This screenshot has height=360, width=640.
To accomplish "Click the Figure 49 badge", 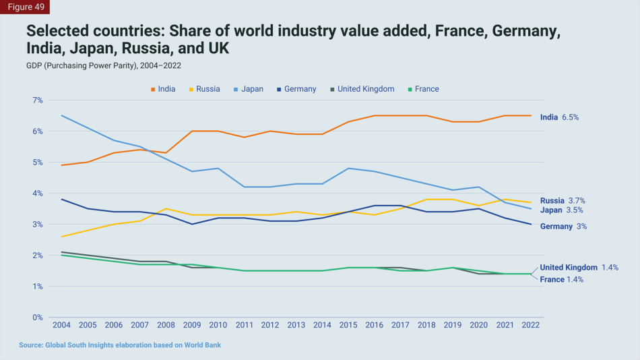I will pyautogui.click(x=24, y=7).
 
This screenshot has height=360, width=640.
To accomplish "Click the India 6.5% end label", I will pyautogui.click(x=559, y=117).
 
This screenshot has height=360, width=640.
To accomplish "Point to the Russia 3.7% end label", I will pyautogui.click(x=563, y=201).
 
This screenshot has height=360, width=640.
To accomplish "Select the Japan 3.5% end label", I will pyautogui.click(x=563, y=210).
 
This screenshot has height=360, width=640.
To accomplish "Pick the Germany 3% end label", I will pyautogui.click(x=563, y=227).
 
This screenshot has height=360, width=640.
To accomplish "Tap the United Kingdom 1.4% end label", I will pyautogui.click(x=579, y=268).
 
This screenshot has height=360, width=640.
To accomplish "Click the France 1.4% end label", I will pyautogui.click(x=561, y=280).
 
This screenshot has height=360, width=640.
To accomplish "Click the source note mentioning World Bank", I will pyautogui.click(x=120, y=345).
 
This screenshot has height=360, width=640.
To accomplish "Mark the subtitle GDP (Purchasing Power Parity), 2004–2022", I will pyautogui.click(x=104, y=66).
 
